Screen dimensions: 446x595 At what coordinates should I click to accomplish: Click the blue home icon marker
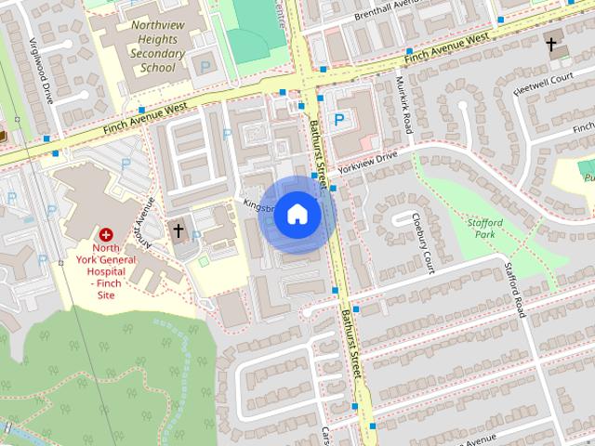coord(297,215)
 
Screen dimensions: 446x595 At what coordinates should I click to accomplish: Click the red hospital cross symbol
coord(107,236)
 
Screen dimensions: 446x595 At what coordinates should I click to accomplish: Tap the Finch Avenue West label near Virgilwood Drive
coord(145,116)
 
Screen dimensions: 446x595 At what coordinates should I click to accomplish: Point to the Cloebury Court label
coord(423,244)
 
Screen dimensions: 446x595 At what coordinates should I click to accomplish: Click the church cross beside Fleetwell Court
coord(551,44)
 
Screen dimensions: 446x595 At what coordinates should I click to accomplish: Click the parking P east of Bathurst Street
coord(339,119)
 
